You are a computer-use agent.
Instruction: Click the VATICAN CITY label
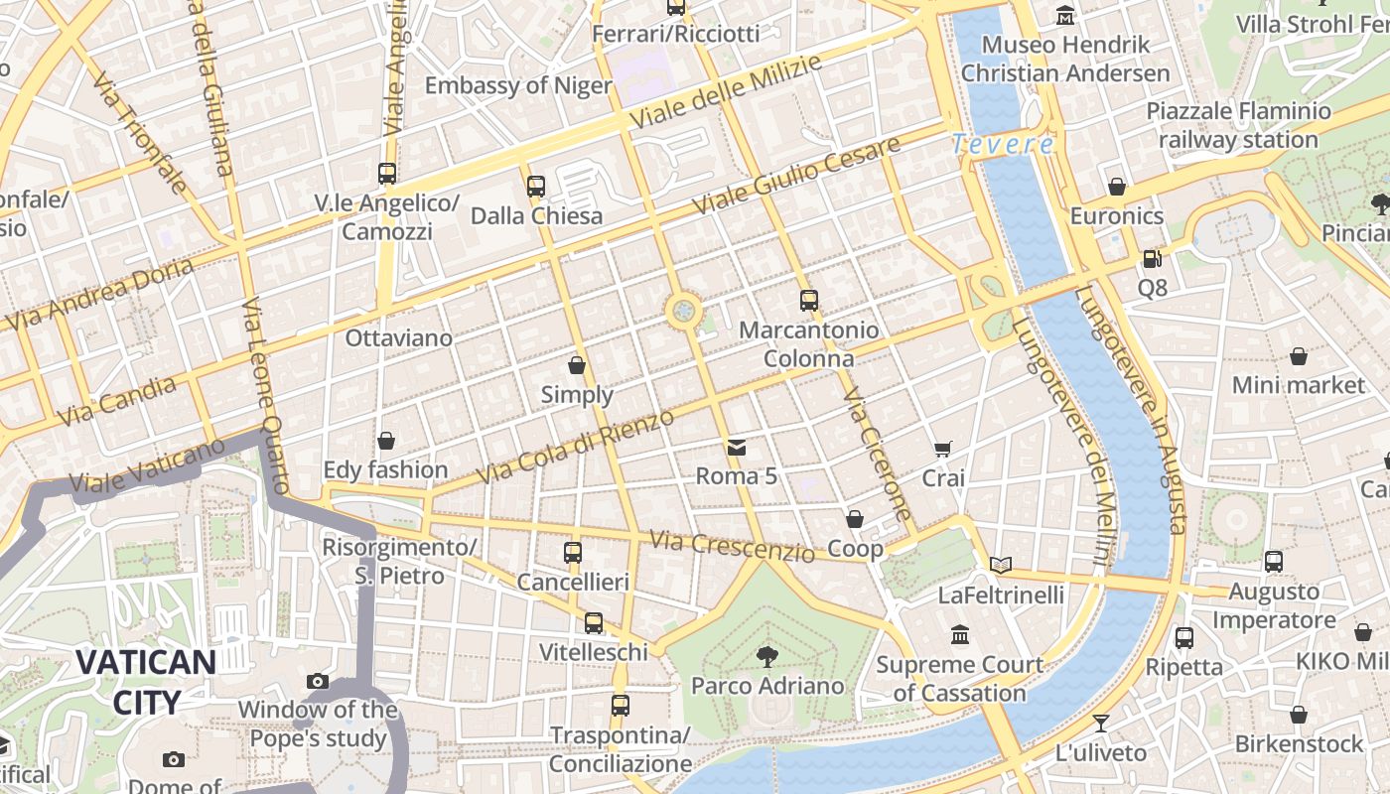[146, 682]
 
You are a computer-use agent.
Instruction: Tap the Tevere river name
[1003, 145]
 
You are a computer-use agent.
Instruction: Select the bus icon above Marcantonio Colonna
[809, 300]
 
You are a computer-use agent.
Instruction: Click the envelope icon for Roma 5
[737, 447]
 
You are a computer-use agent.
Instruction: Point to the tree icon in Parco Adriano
[766, 655]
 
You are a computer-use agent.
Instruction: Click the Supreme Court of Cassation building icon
[959, 634]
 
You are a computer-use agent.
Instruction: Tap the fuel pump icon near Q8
[1152, 258]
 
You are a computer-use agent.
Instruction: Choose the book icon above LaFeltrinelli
[1001, 565]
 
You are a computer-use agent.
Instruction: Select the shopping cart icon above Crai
[943, 449]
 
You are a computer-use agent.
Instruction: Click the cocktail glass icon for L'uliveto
[1100, 723]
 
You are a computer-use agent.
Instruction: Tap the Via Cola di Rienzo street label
[575, 447]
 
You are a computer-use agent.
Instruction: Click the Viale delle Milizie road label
[727, 91]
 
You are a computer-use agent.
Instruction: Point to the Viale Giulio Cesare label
[796, 176]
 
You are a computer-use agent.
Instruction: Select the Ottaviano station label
[398, 337]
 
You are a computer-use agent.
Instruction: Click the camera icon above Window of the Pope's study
[318, 681]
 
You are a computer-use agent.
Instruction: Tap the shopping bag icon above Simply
[577, 365]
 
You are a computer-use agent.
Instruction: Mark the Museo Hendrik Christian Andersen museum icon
[1065, 15]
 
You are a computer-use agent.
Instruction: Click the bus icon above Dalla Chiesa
[536, 186]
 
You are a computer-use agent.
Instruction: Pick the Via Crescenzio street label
[732, 545]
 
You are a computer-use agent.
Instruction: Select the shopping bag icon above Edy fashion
[386, 440]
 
